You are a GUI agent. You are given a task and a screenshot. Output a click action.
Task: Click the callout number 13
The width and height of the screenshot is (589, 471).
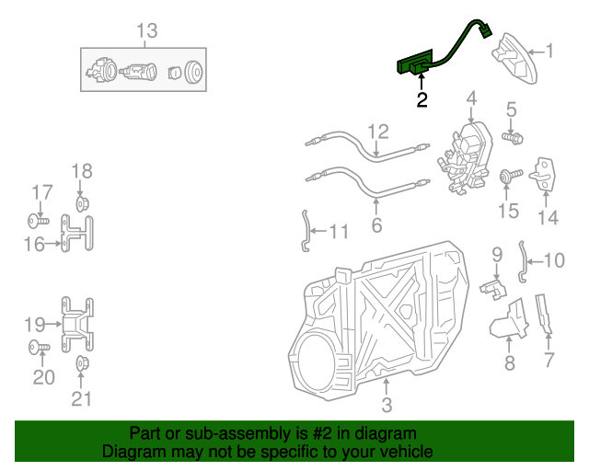147,31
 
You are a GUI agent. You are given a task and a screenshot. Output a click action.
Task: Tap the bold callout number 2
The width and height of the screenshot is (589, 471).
422,100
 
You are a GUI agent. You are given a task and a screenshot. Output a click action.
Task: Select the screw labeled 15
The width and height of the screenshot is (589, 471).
507,175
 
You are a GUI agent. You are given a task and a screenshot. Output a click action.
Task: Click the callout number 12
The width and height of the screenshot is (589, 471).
378,132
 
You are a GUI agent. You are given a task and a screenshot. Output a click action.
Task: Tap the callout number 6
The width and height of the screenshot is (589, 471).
376,225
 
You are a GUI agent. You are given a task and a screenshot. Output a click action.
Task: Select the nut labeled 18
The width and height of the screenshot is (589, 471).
81,202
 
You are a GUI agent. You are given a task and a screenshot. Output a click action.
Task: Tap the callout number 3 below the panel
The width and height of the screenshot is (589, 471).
387,405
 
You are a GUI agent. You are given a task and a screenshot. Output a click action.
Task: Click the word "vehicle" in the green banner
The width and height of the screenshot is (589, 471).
402,453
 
